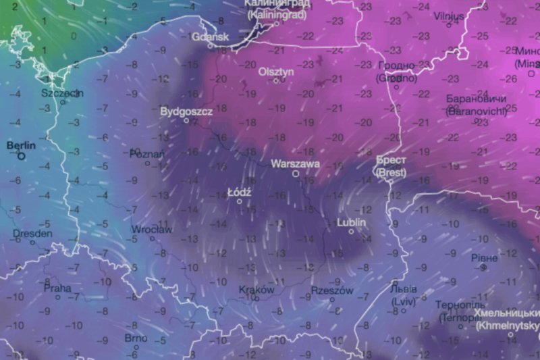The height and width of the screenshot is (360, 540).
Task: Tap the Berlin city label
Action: point(20,145)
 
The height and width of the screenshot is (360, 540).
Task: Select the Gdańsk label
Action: point(210,37)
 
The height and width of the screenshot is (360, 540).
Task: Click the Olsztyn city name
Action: point(275,71)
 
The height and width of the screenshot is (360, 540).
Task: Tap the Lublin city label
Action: point(351,222)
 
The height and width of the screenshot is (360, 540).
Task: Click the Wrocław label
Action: point(152,230)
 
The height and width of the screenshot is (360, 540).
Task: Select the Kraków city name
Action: point(256,290)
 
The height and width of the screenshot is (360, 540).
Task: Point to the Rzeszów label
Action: point(332,290)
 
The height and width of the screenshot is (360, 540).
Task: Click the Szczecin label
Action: point(62,93)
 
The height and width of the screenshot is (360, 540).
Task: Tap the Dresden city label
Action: point(32,234)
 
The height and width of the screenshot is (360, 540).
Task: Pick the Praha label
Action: point(57,288)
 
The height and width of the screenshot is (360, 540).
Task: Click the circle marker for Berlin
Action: point(22,156)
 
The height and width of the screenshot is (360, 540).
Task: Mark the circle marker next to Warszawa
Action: point(296,174)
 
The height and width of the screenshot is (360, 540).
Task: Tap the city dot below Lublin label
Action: point(351,232)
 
